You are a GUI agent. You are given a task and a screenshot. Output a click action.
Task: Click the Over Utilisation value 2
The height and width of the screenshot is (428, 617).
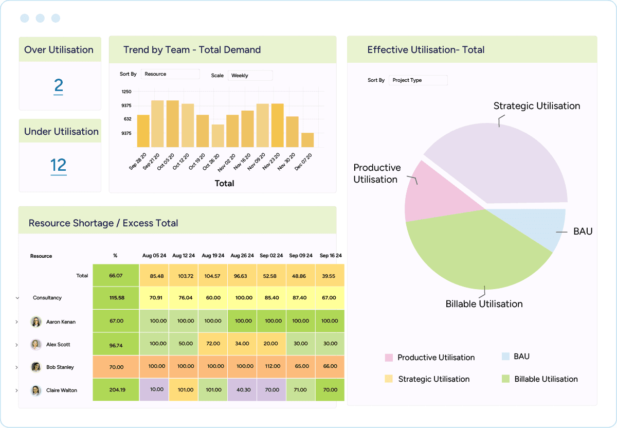coord(59,85)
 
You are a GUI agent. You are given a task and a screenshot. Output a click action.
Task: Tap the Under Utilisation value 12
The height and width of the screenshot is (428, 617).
coord(59,165)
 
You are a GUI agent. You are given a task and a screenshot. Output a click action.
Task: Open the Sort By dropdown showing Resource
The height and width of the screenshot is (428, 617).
coord(170,74)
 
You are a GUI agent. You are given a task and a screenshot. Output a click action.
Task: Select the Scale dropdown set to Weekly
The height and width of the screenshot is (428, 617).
coord(250,76)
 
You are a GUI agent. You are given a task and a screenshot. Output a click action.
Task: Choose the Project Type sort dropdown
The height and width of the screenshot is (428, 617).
coord(418,80)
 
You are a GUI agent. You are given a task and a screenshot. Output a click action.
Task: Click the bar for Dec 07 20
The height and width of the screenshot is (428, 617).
coord(307,140)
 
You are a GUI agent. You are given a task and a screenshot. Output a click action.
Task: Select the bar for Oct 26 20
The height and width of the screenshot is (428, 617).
coord(218,136)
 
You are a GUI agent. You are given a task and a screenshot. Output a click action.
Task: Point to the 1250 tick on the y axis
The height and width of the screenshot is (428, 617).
coord(126,92)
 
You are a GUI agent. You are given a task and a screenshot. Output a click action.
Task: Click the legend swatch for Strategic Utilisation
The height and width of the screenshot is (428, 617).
coord(389,379)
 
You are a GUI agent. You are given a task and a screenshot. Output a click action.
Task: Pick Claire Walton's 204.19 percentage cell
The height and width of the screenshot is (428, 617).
coord(116,390)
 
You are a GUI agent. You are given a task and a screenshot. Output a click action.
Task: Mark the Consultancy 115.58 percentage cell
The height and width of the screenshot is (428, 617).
coord(116,298)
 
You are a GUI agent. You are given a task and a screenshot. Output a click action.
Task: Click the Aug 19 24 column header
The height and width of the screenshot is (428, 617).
coord(213,256)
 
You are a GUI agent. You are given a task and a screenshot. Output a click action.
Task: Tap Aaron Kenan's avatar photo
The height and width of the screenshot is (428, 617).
coord(36,322)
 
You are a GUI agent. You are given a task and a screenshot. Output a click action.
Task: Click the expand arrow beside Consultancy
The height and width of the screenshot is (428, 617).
coord(17,298)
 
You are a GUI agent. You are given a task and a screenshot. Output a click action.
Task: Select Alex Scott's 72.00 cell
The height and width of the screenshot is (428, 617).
coord(213,344)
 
